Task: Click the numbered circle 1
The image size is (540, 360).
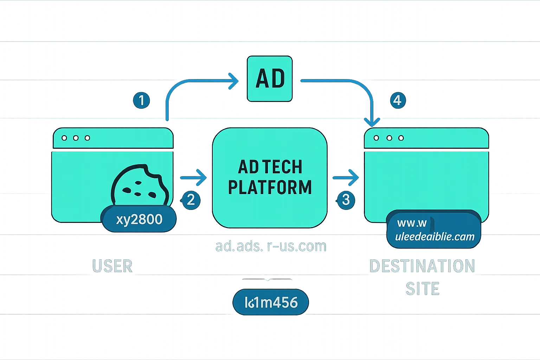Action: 141,100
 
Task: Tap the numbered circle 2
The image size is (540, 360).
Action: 191,200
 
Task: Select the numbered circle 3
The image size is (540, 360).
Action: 346,199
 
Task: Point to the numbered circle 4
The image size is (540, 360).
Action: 397,100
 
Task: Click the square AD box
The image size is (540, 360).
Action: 270,79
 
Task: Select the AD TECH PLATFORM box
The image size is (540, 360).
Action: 270,178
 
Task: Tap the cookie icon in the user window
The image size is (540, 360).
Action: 140,185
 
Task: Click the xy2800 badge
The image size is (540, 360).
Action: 139,219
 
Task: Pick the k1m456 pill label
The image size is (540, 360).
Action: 271,302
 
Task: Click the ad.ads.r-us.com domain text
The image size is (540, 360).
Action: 271,246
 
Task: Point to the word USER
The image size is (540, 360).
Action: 112,266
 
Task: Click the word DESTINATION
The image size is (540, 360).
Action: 422,266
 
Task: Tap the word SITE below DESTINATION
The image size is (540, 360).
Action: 422,289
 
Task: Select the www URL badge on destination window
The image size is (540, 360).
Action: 434,229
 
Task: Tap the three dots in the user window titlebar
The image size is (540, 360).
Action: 76,138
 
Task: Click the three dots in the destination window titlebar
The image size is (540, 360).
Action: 389,138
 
